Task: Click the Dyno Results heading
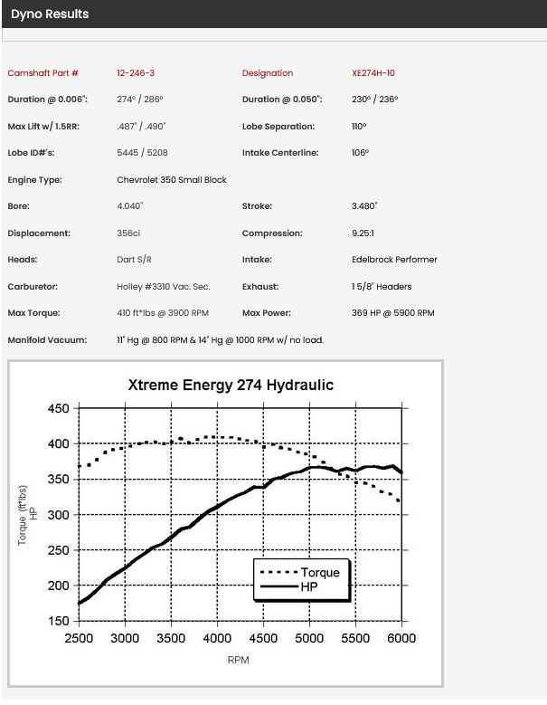(x=50, y=14)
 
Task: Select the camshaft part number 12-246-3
(x=136, y=72)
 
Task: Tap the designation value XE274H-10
(x=373, y=72)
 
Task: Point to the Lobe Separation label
(x=278, y=127)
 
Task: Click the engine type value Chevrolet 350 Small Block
(x=172, y=180)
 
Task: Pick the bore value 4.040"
(x=130, y=206)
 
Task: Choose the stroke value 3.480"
(x=364, y=206)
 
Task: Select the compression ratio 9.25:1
(x=363, y=233)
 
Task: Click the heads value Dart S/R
(x=135, y=260)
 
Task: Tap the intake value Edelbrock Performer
(x=394, y=260)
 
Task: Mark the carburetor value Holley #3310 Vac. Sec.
(x=164, y=286)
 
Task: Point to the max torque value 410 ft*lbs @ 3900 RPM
(x=163, y=313)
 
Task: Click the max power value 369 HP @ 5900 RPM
(x=393, y=313)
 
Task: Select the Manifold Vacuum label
(x=47, y=340)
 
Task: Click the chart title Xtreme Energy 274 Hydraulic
(x=231, y=385)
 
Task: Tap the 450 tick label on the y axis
(x=59, y=409)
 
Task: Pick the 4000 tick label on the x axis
(x=217, y=638)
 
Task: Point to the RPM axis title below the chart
(x=238, y=660)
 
